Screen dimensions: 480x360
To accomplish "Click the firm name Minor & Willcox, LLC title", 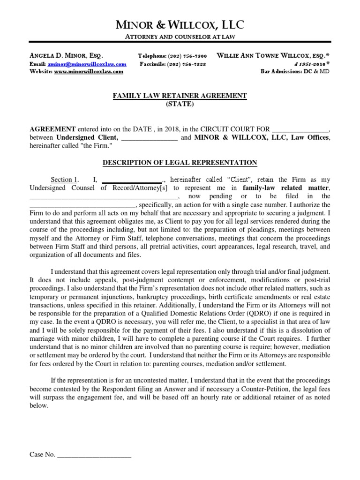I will [180, 25].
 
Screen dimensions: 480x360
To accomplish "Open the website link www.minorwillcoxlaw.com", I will [89, 72].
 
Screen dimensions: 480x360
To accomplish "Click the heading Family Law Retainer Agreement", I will [180, 96].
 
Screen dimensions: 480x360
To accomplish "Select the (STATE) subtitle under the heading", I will [180, 104].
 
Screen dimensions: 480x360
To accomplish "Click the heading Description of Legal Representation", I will [180, 163].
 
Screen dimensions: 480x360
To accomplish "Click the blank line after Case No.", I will [94, 455].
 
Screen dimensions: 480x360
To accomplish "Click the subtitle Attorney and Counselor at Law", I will [180, 37].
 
